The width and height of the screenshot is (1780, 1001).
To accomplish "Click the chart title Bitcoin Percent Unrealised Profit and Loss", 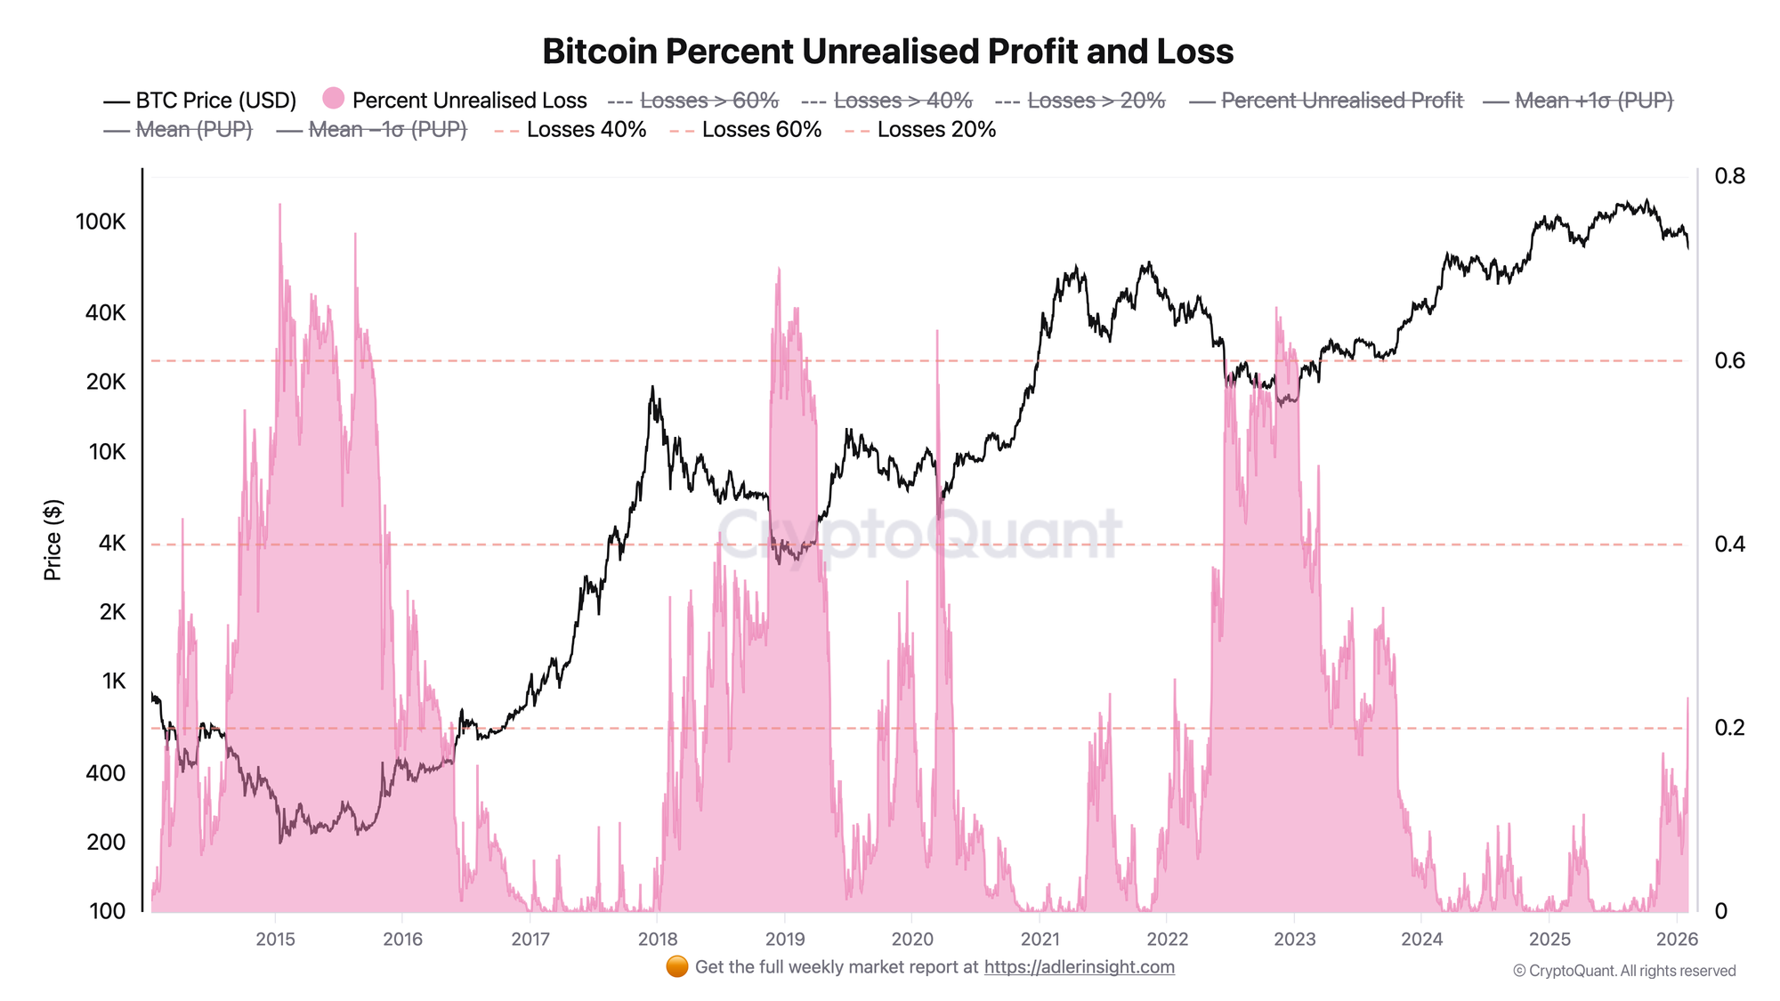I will tap(887, 52).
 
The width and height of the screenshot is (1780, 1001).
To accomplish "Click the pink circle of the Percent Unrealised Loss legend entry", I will tap(334, 98).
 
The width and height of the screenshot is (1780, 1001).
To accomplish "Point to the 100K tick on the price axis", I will tap(101, 222).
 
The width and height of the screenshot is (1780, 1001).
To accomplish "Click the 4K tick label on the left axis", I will tap(112, 543).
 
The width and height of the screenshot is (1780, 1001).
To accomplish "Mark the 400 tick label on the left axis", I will tap(105, 773).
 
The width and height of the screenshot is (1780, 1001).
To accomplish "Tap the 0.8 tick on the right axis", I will tap(1729, 176).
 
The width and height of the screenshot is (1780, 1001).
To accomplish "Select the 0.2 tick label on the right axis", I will tap(1729, 728).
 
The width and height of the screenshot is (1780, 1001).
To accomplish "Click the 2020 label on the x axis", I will tap(912, 940).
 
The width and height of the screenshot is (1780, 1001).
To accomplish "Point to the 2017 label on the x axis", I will tap(530, 940).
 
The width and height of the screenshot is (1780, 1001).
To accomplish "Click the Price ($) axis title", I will tap(53, 540).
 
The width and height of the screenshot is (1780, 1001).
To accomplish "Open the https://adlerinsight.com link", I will tap(1079, 967).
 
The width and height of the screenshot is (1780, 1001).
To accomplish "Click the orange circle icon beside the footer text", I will tap(676, 966).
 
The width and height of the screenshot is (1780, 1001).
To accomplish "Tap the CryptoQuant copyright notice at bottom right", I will tap(1624, 971).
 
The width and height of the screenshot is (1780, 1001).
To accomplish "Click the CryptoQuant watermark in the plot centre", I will tap(918, 534).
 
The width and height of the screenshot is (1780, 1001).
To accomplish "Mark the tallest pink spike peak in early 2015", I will tap(279, 205).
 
